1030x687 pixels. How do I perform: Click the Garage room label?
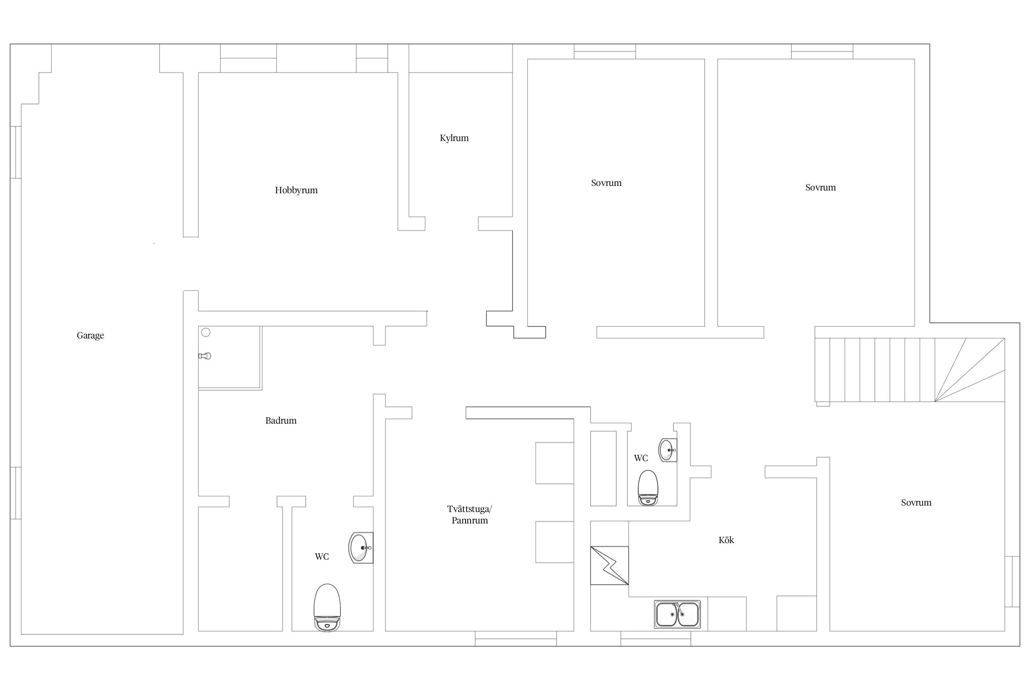point(90,335)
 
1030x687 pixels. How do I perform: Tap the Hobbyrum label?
point(296,190)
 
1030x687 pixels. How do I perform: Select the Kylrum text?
point(454,138)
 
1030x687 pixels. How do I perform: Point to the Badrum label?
point(281,420)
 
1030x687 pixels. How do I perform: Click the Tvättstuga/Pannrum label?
point(470,514)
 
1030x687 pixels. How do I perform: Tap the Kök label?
point(726,540)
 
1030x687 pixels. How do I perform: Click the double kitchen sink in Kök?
point(678,614)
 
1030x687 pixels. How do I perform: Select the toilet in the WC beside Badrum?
point(327,607)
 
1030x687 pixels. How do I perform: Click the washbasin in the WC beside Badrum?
point(361,547)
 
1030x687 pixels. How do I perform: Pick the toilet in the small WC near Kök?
point(648,488)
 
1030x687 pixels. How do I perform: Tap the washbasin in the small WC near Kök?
point(668,450)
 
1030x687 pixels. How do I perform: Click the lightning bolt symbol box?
point(609,566)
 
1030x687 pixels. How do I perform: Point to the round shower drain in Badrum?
point(206,333)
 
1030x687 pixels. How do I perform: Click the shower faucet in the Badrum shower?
point(205,356)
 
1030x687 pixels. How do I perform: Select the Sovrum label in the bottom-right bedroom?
point(916,502)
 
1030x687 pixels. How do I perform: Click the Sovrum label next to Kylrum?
point(606,183)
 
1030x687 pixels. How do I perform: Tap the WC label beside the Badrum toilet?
point(322,556)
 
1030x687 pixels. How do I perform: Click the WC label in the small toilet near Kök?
point(641,458)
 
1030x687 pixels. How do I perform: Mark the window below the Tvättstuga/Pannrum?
point(516,638)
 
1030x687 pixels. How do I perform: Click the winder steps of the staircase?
point(970,370)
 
